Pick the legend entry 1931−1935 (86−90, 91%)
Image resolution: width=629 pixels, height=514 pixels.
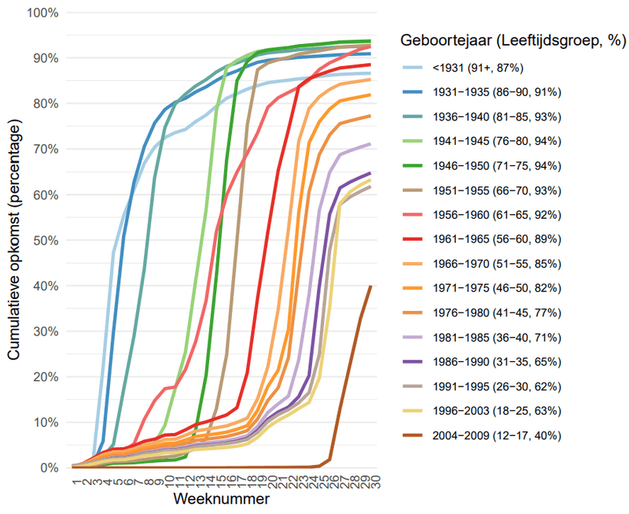tap(495, 93)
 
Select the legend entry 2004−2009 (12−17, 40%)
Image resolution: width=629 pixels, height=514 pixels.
tap(495, 434)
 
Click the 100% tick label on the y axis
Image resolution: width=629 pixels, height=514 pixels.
tap(42, 13)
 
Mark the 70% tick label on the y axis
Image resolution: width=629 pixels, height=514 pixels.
tap(46, 150)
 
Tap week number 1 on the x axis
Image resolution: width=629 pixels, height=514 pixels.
tap(75, 478)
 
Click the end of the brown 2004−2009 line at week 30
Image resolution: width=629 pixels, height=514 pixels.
tap(370, 287)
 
